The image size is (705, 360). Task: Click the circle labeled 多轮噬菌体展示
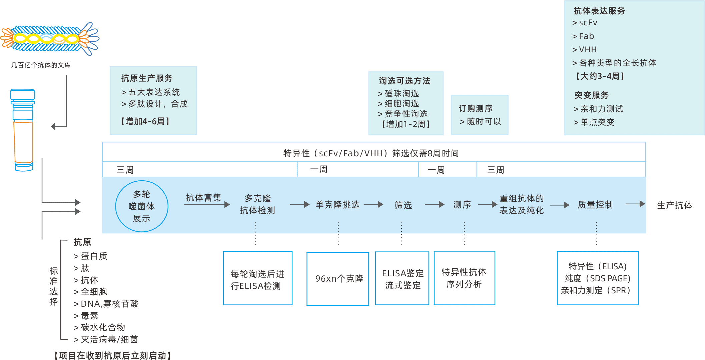point(142,206)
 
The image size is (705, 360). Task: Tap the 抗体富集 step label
point(203,198)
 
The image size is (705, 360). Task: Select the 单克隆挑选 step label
point(337,204)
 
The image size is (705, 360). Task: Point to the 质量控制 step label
point(595,205)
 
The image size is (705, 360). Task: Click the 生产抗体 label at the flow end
point(674,205)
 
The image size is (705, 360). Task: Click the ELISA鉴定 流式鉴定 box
point(402,279)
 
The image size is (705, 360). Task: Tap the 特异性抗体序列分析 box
point(464,278)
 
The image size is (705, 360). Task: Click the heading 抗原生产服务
point(147,78)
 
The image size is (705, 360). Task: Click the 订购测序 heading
point(476,108)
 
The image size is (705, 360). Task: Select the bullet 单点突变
point(597,122)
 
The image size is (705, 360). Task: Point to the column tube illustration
point(23,130)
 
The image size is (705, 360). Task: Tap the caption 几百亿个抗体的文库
point(41,65)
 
